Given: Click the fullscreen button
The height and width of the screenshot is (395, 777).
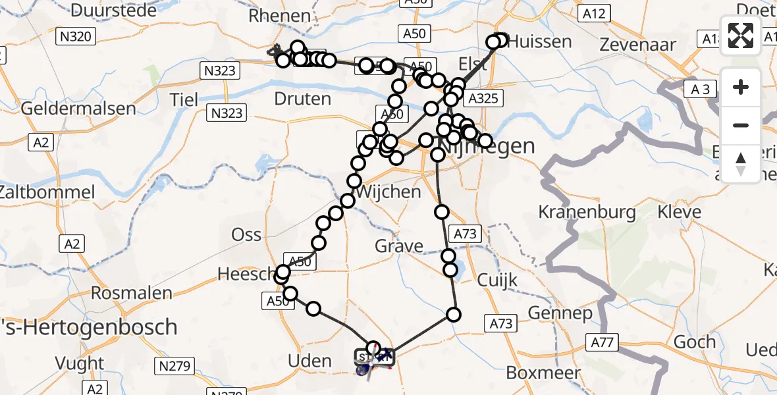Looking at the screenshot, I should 741,36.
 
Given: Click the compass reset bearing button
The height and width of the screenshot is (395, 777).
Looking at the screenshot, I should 741,164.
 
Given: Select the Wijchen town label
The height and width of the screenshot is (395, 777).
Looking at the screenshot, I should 388,192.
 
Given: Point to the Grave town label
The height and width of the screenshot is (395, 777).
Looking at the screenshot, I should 399,246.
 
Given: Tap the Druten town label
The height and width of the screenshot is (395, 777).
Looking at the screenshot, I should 302,99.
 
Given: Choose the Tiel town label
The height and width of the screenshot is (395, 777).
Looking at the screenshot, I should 184,99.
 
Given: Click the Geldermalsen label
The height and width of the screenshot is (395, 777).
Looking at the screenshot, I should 78,108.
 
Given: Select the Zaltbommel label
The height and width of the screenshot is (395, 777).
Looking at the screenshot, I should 47,193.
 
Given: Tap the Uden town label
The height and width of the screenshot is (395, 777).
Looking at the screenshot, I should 310,361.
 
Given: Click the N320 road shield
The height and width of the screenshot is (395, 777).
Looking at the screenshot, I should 75,37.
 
